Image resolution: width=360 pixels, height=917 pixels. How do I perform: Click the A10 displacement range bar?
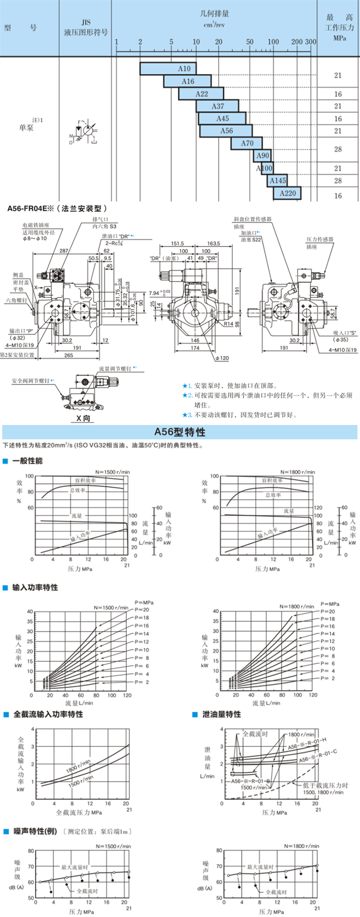(x=168, y=69)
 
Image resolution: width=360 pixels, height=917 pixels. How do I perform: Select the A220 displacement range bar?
(x=287, y=193)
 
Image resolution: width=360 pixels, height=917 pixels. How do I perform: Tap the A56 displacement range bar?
(x=226, y=131)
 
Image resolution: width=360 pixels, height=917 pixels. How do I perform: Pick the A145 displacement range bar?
(x=277, y=181)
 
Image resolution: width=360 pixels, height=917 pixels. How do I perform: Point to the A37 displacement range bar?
(x=217, y=106)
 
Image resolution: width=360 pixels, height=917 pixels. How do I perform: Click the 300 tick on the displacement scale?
(x=311, y=42)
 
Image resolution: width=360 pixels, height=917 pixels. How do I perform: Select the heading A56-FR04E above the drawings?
(x=58, y=208)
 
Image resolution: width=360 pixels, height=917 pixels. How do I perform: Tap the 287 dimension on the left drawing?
(x=63, y=251)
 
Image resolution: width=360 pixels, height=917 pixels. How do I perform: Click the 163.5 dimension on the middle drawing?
(x=213, y=244)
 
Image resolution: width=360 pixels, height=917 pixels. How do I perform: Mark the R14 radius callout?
(x=229, y=324)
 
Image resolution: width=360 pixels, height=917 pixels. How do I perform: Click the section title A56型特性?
(x=179, y=432)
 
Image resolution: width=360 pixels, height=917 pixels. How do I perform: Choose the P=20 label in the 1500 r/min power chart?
(x=142, y=610)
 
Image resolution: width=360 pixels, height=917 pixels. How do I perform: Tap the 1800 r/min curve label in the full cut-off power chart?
(x=78, y=766)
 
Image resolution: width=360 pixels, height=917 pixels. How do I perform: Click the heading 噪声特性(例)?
(x=35, y=831)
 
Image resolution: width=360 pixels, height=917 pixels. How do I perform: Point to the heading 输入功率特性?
(x=35, y=588)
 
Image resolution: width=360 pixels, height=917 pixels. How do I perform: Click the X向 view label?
(x=83, y=418)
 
